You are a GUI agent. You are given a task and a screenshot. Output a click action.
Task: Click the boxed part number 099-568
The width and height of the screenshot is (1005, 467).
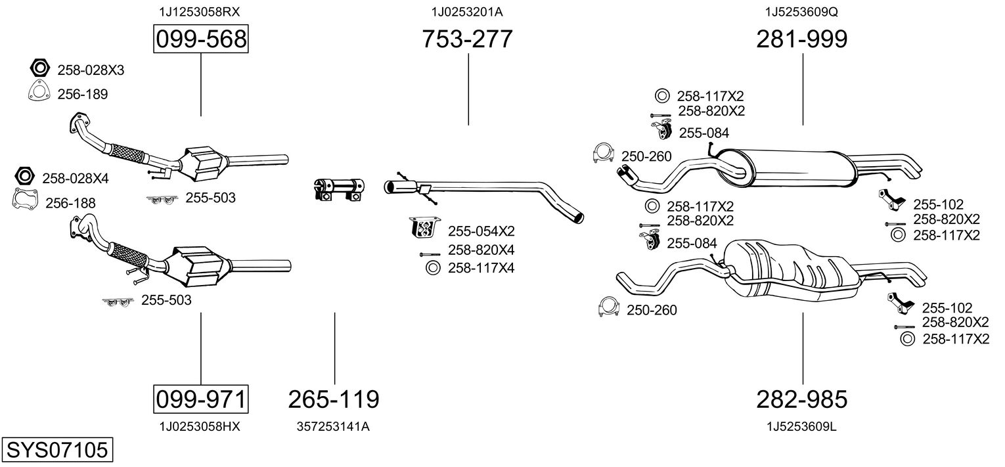201,39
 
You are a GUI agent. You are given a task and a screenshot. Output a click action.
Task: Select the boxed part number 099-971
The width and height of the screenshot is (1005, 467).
201,399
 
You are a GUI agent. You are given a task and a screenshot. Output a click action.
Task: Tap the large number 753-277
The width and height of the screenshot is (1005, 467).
467,39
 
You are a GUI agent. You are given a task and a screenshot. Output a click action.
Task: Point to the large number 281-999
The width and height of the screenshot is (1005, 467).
802,39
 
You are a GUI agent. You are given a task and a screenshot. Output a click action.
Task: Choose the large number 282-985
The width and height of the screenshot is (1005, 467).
802,399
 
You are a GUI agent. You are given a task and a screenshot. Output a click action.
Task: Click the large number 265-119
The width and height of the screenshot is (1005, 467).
334,399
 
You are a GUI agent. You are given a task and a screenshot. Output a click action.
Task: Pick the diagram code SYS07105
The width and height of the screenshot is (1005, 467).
57,449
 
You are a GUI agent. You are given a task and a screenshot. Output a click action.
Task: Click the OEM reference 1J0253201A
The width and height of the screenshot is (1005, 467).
467,12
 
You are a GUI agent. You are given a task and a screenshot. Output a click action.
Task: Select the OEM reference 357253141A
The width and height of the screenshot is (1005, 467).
333,426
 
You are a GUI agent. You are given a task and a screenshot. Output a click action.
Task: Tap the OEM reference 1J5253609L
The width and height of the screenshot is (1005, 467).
802,426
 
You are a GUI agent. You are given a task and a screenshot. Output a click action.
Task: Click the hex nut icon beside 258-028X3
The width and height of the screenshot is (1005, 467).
39,68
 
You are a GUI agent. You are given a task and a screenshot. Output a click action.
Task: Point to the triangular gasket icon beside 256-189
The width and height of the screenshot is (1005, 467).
39,92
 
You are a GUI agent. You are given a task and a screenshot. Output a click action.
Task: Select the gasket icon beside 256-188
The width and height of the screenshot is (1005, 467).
25,200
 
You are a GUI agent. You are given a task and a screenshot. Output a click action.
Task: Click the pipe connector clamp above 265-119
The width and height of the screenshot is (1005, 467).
339,189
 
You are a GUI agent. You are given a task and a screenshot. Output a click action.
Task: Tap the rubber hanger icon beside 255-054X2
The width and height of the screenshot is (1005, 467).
422,227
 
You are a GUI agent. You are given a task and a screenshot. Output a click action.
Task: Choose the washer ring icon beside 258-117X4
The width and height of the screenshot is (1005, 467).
433,268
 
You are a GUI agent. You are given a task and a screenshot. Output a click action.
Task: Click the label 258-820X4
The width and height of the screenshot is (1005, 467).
481,250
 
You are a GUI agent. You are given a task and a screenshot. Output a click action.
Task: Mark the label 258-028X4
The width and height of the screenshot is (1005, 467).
76,179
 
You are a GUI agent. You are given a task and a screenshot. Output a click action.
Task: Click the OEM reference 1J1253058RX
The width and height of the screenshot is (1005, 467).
200,12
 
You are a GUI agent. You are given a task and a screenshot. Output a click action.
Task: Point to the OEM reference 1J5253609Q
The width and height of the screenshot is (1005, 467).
802,12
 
